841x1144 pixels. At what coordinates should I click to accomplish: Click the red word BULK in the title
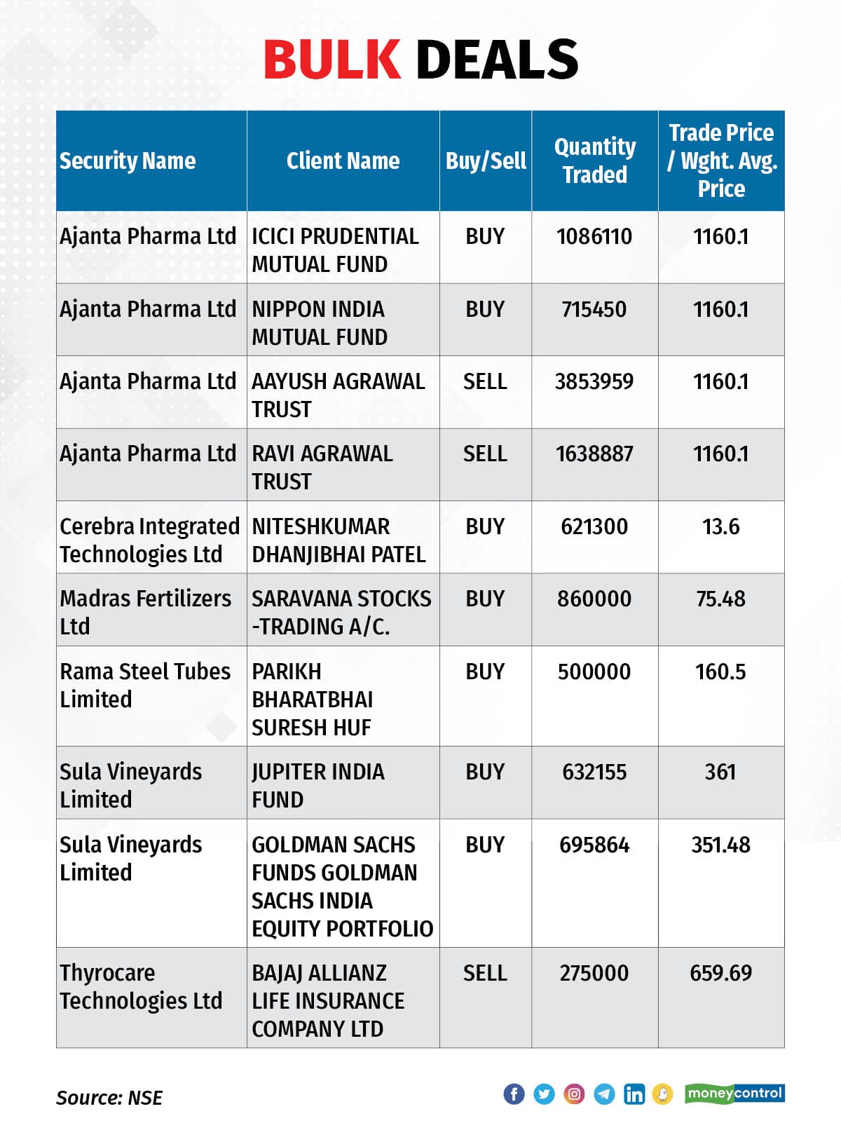(x=332, y=60)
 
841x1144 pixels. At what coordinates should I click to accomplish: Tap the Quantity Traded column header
(x=595, y=161)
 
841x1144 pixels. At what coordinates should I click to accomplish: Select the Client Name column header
(x=343, y=161)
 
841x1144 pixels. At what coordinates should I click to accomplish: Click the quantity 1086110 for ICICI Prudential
(x=594, y=236)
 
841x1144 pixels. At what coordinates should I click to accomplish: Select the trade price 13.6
(x=720, y=526)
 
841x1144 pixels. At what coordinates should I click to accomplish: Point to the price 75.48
(x=720, y=599)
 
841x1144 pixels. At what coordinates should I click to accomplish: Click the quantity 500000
(x=594, y=672)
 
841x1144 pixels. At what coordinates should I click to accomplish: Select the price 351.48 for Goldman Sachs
(x=720, y=845)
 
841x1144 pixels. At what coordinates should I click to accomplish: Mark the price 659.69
(x=720, y=973)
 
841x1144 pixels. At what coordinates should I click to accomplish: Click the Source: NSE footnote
(x=109, y=1098)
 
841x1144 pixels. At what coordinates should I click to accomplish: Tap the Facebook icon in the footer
(x=514, y=1094)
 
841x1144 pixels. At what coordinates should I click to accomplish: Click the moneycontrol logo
(x=734, y=1094)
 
